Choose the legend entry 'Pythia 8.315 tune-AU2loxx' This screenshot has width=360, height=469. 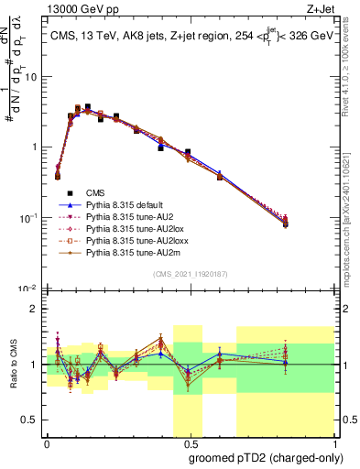click(129, 247)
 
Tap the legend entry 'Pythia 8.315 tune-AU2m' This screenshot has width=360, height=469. click(124, 261)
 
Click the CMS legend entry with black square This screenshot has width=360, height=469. click(97, 192)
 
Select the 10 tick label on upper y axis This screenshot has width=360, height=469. click(30, 77)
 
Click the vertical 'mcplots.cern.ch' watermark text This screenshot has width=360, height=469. click(351, 211)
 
